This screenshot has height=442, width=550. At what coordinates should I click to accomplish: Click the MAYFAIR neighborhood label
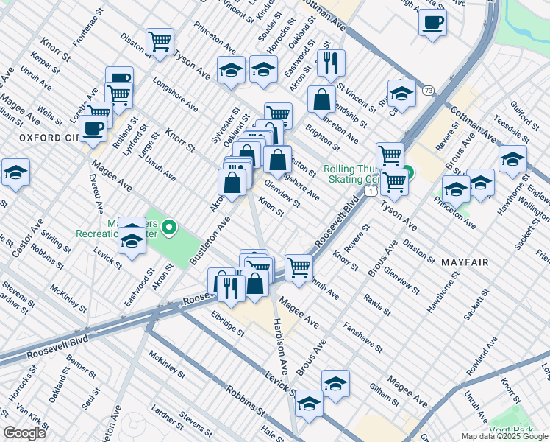tap(471, 262)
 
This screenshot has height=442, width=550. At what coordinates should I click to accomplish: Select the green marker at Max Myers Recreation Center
tap(170, 228)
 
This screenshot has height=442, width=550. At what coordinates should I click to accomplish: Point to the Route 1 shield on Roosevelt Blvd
tap(372, 192)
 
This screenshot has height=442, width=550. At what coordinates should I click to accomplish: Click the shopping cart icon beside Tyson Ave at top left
tap(159, 41)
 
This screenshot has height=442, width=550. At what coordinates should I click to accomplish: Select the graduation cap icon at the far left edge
tap(15, 172)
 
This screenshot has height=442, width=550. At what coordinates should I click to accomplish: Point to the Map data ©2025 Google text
tap(504, 436)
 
